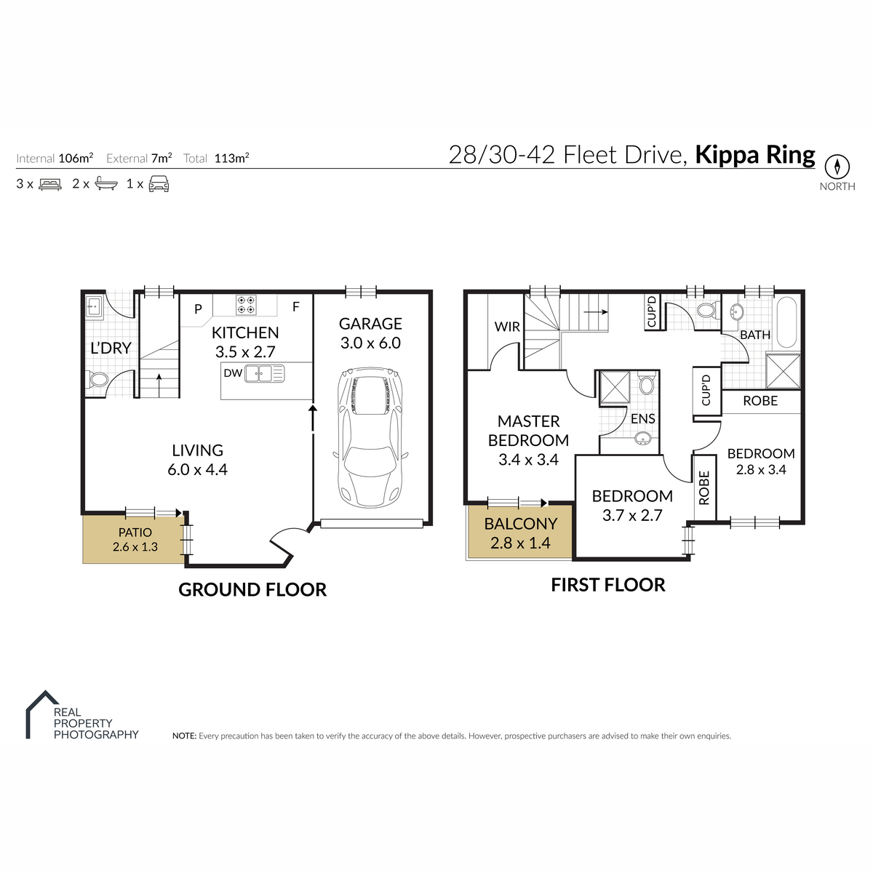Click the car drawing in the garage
[x=370, y=437]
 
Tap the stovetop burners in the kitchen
[x=246, y=304]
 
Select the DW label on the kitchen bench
[x=233, y=373]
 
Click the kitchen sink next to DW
[x=265, y=374]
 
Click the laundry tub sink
[x=95, y=307]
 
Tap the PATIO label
[x=135, y=533]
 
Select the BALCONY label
[x=521, y=524]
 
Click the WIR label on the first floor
[x=507, y=326]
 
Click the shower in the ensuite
[x=615, y=386]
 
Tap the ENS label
[x=643, y=418]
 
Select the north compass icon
[x=837, y=167]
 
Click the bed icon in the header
[x=50, y=184]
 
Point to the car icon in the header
[x=159, y=184]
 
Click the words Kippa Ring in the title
[x=754, y=155]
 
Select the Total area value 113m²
[x=231, y=158]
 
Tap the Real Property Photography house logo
[x=42, y=714]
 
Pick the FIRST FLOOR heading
[x=608, y=585]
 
